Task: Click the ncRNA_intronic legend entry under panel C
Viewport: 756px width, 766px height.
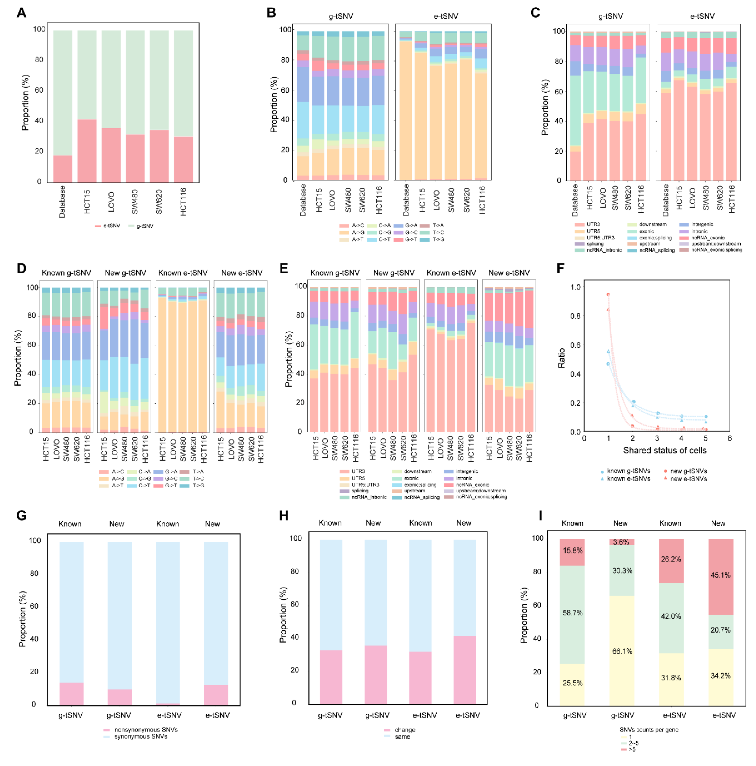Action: (604, 250)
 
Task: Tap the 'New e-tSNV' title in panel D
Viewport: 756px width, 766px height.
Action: (241, 273)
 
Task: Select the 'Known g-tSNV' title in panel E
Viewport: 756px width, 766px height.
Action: (335, 273)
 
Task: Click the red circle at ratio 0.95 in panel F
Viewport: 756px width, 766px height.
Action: (608, 295)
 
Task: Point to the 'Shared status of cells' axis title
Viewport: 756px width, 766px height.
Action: (664, 450)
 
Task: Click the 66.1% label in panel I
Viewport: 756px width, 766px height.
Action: (622, 651)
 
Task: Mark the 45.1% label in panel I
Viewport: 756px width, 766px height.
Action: (720, 575)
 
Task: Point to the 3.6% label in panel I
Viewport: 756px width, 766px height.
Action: (621, 542)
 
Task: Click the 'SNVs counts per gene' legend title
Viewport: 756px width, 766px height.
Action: (649, 729)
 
